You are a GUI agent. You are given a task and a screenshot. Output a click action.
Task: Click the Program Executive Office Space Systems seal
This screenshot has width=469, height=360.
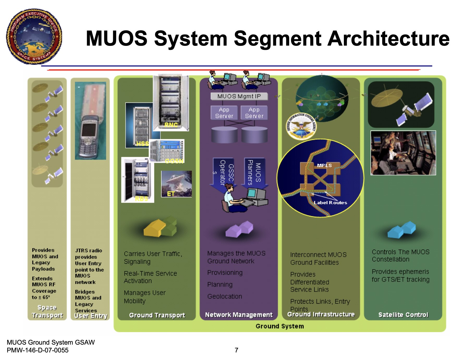click(34, 36)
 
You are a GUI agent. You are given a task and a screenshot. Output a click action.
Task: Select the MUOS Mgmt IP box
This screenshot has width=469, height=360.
click(239, 96)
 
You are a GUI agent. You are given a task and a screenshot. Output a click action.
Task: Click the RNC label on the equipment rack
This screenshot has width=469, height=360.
click(171, 125)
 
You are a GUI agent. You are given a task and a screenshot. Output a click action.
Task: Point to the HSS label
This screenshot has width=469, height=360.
click(142, 144)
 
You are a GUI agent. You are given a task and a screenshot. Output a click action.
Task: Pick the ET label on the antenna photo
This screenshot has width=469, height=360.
click(171, 194)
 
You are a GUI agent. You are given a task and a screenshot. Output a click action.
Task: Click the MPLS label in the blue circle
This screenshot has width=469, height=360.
click(324, 165)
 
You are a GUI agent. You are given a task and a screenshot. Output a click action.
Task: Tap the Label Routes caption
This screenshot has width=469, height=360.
click(330, 203)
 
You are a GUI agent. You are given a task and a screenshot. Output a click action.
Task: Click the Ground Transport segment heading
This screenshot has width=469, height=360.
click(157, 315)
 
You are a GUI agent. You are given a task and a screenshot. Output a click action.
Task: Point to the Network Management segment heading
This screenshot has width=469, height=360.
click(239, 315)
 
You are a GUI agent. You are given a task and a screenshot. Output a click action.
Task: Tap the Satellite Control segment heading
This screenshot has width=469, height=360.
click(403, 315)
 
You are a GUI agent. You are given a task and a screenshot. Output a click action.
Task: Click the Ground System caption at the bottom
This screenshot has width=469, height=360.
click(279, 326)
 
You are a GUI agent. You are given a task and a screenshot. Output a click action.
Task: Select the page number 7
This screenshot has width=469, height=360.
click(236, 350)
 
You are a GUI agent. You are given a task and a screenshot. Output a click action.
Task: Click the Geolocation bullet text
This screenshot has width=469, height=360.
click(225, 296)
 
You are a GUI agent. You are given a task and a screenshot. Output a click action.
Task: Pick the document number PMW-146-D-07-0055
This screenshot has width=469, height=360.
click(38, 350)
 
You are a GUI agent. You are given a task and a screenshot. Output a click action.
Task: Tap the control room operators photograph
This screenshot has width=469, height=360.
click(403, 153)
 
